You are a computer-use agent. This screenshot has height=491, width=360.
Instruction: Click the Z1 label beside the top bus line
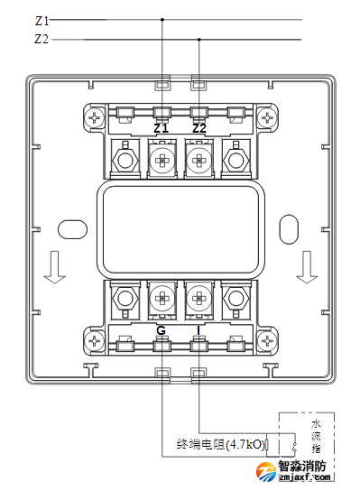click(x=42, y=21)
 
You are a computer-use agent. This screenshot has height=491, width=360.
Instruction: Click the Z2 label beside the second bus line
click(x=42, y=39)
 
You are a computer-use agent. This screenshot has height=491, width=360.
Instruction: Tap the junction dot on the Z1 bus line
click(x=162, y=20)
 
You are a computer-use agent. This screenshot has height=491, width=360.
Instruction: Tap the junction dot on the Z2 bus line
click(x=199, y=40)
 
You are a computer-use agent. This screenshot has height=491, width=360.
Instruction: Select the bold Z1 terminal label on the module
click(x=161, y=128)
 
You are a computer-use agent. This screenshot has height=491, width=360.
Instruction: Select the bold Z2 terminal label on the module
click(x=199, y=128)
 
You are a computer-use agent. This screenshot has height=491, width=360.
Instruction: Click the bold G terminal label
click(x=161, y=330)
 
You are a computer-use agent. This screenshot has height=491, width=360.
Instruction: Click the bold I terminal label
click(x=198, y=330)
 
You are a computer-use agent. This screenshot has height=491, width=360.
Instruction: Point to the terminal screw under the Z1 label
click(x=162, y=161)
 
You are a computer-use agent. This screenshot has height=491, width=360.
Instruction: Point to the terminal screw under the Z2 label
click(x=198, y=161)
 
